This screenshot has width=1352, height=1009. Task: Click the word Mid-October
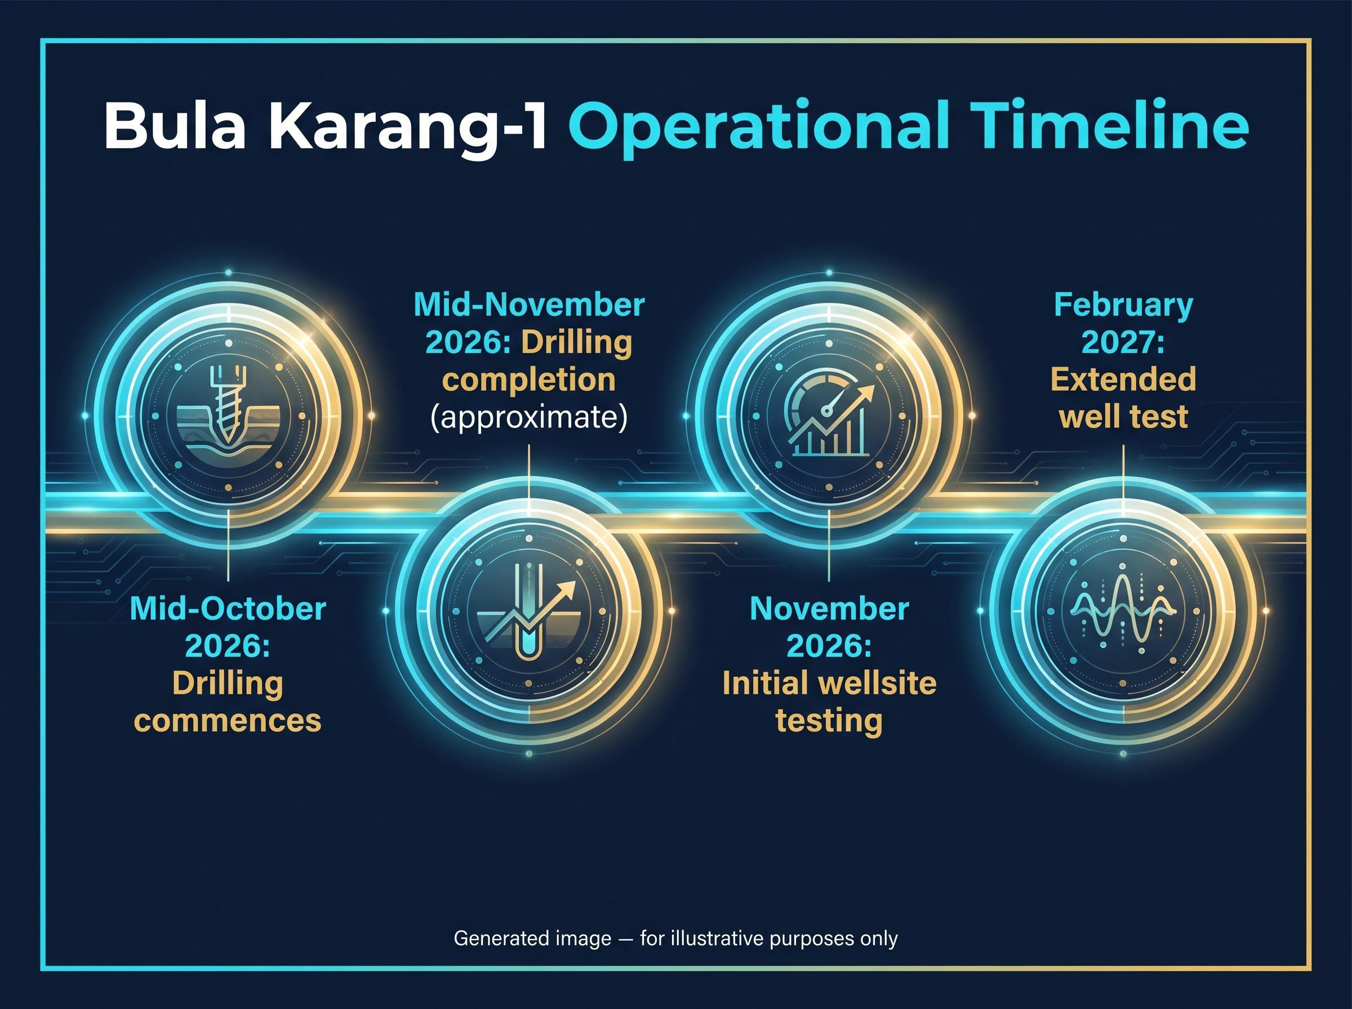pyautogui.click(x=228, y=609)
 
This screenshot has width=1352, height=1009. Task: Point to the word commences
pyautogui.click(x=228, y=721)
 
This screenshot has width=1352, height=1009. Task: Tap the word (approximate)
pyautogui.click(x=529, y=418)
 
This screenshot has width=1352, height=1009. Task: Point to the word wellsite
pyautogui.click(x=874, y=683)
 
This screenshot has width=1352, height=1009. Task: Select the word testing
pyautogui.click(x=829, y=721)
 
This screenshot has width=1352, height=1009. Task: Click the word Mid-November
pyautogui.click(x=529, y=305)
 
